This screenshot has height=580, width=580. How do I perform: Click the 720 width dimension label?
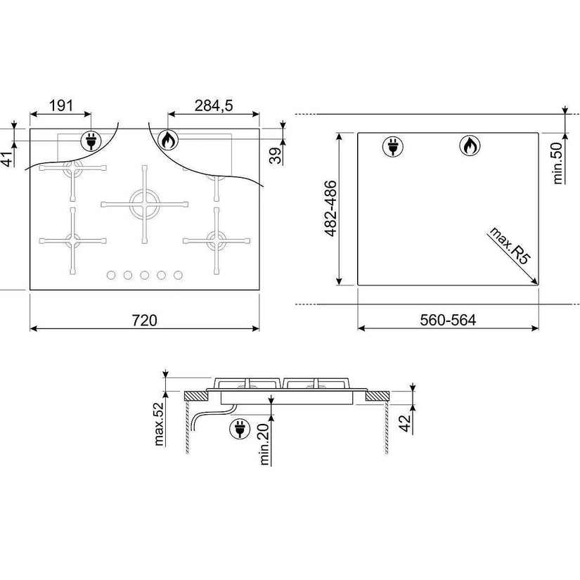click(145, 321)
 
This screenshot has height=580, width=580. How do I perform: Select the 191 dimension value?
click(61, 105)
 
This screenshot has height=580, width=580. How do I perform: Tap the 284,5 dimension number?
click(214, 105)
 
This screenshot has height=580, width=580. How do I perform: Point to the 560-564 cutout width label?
click(448, 320)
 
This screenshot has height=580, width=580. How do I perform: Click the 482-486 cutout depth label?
click(330, 208)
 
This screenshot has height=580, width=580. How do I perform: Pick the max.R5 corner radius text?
click(509, 245)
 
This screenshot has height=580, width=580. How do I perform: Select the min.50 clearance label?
click(558, 164)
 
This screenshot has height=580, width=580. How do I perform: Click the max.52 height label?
click(158, 423)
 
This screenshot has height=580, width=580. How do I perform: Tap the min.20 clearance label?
click(265, 444)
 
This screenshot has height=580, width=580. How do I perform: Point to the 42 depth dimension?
click(406, 423)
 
